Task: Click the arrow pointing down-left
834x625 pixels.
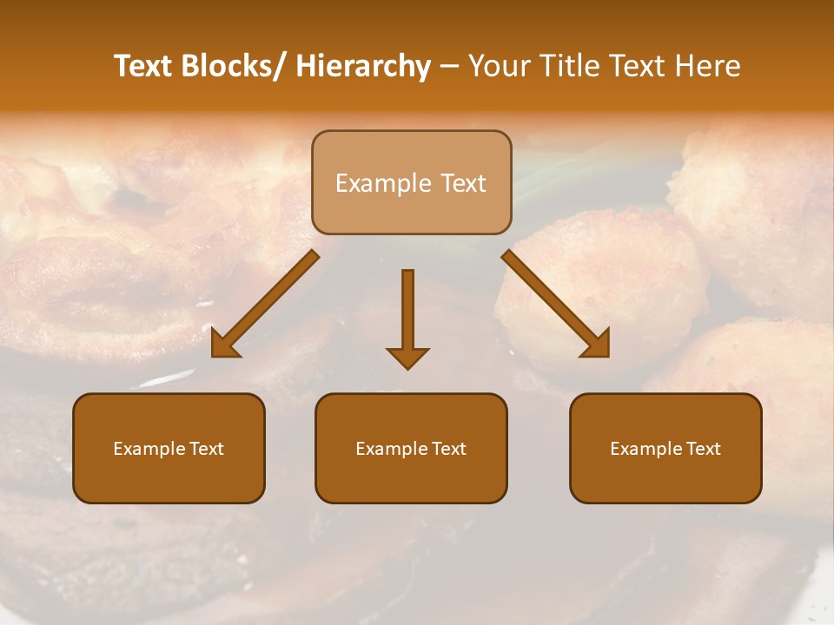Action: coord(265,305)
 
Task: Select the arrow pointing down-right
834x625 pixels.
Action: coord(556,305)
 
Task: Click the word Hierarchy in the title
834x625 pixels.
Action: coord(363,66)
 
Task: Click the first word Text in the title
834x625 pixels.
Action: coord(144,66)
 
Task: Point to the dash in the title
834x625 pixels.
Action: coord(449,67)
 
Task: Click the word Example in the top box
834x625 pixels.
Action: coord(383,183)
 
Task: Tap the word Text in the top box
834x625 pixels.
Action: coord(462,183)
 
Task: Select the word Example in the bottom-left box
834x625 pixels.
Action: coord(150,449)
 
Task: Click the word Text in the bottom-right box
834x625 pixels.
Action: coord(702,449)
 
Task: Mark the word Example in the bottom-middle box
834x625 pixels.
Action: coord(393,449)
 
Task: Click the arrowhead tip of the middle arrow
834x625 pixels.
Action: coord(407,367)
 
